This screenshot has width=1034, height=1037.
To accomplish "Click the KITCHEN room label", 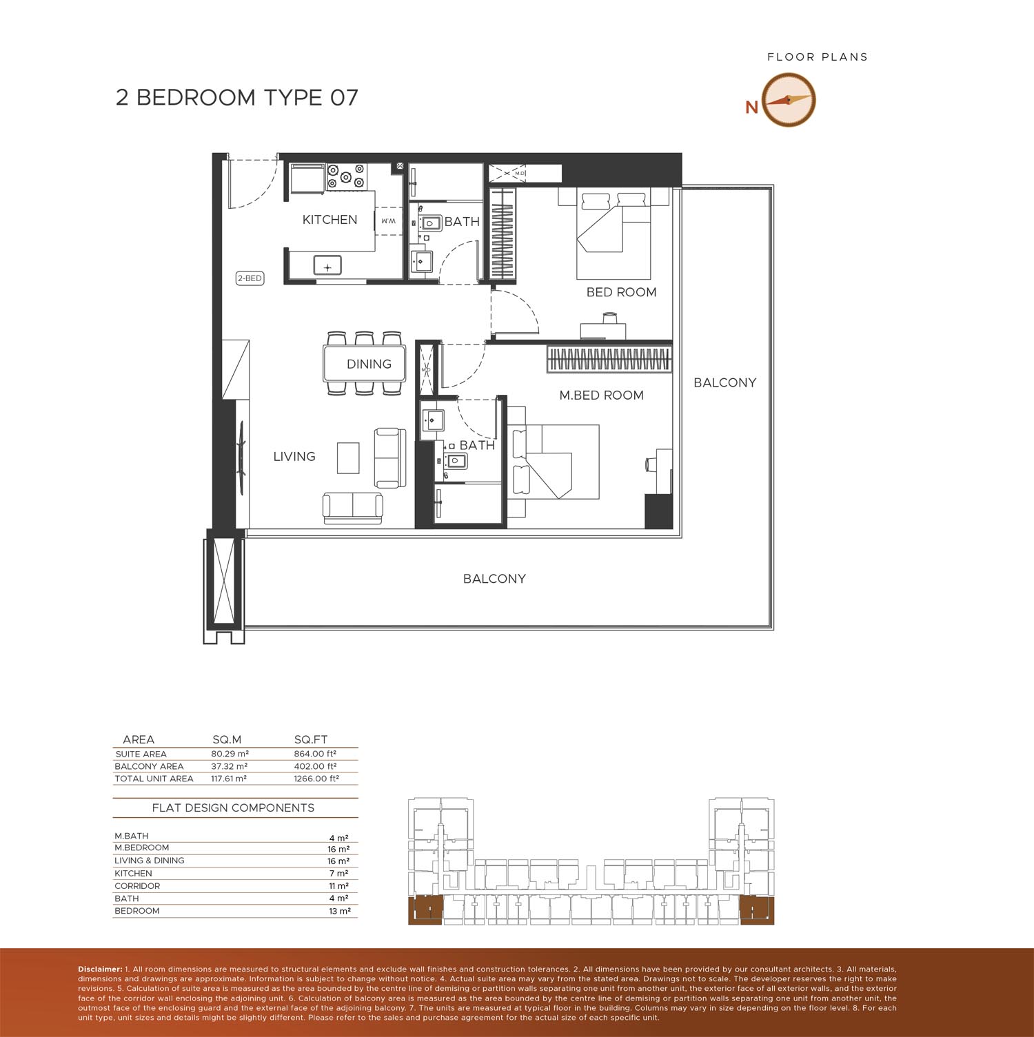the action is click(330, 220).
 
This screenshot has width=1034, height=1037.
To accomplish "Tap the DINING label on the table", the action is click(369, 364).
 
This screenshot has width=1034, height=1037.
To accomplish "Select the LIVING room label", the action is click(294, 456).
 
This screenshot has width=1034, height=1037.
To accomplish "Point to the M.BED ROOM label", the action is click(601, 395).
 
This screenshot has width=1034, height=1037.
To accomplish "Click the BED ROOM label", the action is click(621, 292).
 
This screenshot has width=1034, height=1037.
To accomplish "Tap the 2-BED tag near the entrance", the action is click(250, 278).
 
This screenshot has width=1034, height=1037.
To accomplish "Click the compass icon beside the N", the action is click(789, 100).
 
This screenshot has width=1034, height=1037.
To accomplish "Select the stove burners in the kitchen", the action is click(345, 175).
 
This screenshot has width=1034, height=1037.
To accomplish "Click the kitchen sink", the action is click(327, 265).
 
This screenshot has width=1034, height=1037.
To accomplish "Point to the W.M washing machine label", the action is click(387, 221).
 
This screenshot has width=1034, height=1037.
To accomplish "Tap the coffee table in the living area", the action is click(348, 458).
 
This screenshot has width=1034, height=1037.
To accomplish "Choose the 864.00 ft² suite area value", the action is click(315, 754).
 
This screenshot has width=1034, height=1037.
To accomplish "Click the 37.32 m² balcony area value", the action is click(230, 766).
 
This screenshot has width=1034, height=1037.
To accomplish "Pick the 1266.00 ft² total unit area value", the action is click(316, 779).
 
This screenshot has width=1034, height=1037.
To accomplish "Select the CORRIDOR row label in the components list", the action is click(137, 886).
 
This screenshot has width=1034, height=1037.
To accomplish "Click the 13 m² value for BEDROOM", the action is click(340, 911).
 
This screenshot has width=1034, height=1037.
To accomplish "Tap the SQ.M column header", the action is click(227, 740).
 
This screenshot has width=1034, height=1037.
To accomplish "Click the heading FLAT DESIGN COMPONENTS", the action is click(233, 808).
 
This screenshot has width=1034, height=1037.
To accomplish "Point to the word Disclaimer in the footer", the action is click(100, 969).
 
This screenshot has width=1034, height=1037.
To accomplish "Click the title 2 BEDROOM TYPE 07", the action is click(237, 97).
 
